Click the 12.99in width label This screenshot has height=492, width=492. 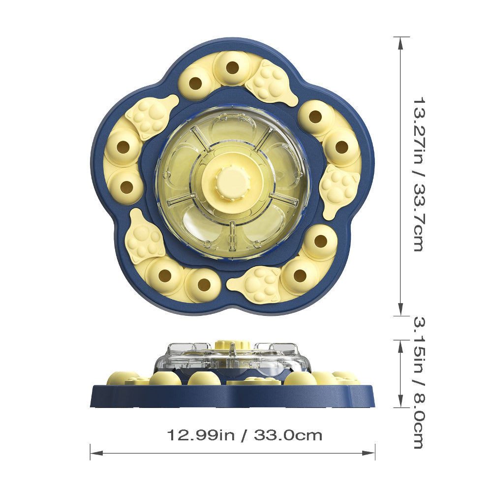coord(201,435)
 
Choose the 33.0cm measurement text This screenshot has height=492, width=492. coord(288,435)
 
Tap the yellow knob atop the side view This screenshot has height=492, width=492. coord(232,343)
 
